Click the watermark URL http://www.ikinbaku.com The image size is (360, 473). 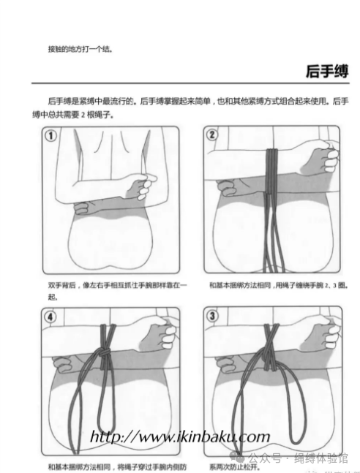[x=179, y=437]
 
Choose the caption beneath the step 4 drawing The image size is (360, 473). [x=117, y=466]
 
